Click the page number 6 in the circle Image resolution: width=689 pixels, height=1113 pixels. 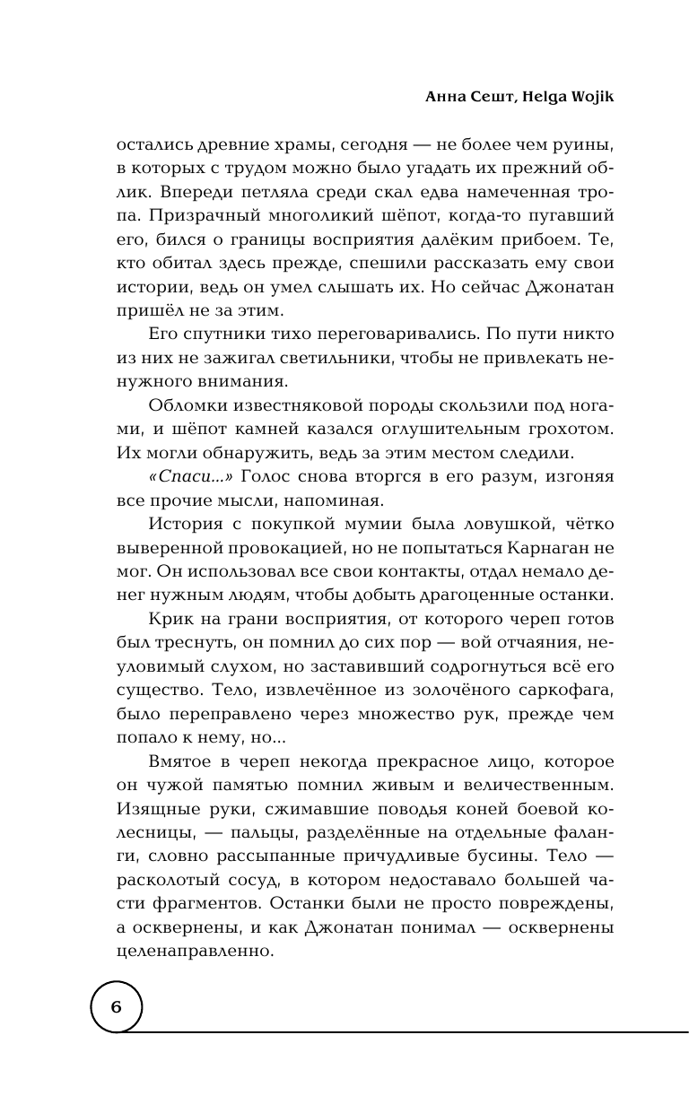(x=117, y=1005)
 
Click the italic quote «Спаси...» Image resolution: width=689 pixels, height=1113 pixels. (x=185, y=478)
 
